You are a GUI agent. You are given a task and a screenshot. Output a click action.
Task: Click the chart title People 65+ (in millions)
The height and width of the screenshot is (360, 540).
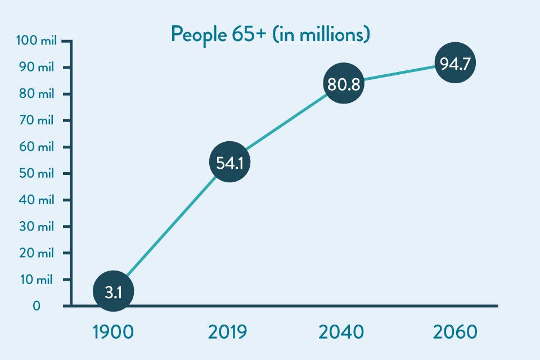[x=270, y=35]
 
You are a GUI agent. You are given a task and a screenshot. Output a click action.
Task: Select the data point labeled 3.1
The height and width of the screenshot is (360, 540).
[x=113, y=292]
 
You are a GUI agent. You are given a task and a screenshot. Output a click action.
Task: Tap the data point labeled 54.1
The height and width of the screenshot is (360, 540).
[x=229, y=163]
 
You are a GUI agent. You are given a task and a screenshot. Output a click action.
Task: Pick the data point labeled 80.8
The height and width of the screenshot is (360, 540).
[x=343, y=83]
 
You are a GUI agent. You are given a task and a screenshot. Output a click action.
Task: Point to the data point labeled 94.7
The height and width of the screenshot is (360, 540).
[x=455, y=64]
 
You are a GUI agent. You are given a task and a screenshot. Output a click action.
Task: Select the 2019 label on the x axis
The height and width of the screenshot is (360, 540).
[x=227, y=332]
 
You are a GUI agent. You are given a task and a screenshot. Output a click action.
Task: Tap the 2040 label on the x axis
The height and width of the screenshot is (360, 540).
[x=341, y=332]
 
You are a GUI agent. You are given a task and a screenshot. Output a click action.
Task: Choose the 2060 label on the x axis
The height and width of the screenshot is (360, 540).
[x=455, y=332]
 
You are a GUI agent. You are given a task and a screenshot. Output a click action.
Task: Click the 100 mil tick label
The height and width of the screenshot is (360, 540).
[x=35, y=41]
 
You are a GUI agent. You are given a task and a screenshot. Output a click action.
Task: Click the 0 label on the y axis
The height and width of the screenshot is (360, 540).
[x=37, y=306]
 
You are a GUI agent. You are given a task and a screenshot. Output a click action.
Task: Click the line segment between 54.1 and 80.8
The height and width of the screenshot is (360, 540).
[x=286, y=123]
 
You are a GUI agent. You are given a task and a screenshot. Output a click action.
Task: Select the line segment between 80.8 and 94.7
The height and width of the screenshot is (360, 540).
[x=399, y=74]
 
